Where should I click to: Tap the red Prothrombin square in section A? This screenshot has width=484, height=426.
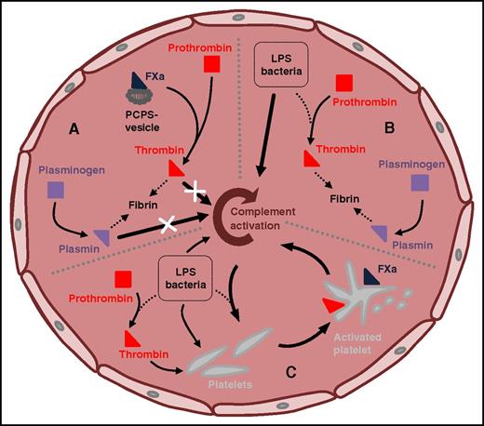tap(210, 63)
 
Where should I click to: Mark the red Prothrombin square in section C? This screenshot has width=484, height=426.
tap(121, 279)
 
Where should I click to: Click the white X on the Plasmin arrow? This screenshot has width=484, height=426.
tap(168, 224)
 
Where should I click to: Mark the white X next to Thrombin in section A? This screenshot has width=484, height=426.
tap(195, 193)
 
